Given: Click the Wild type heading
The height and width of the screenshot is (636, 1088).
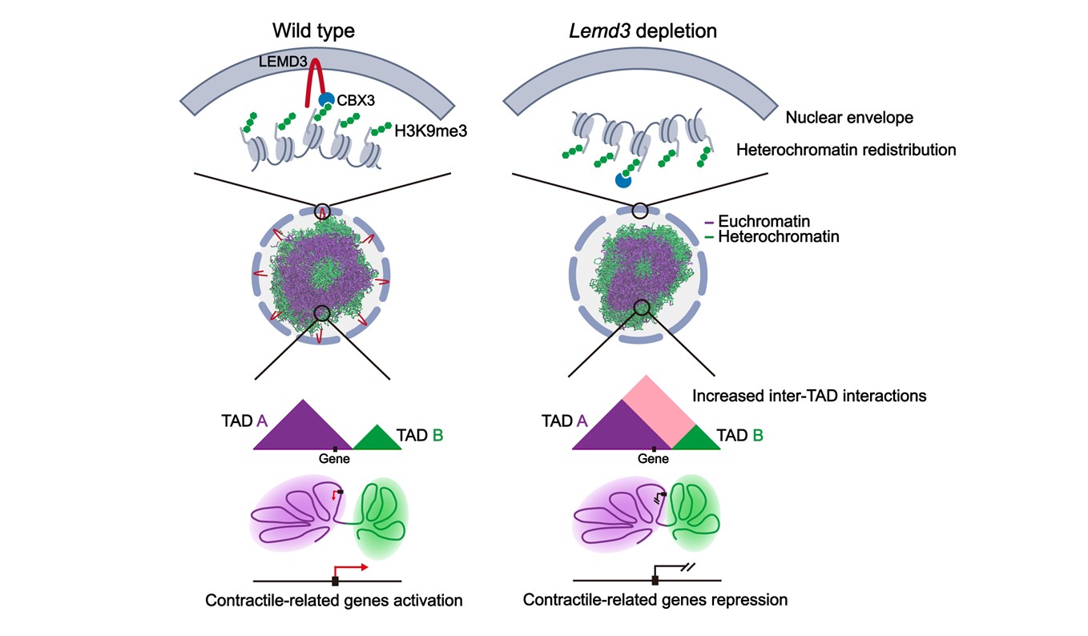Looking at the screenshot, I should [313, 31].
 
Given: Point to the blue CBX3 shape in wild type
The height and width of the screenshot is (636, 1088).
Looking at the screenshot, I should [326, 100].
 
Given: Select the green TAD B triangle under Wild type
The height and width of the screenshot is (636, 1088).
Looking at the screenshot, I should [377, 440].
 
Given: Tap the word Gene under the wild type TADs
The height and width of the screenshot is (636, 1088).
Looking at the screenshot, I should [334, 459].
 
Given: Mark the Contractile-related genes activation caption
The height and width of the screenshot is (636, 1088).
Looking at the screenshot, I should [334, 600].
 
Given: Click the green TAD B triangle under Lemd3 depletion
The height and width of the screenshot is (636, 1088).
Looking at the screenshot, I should [695, 439].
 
